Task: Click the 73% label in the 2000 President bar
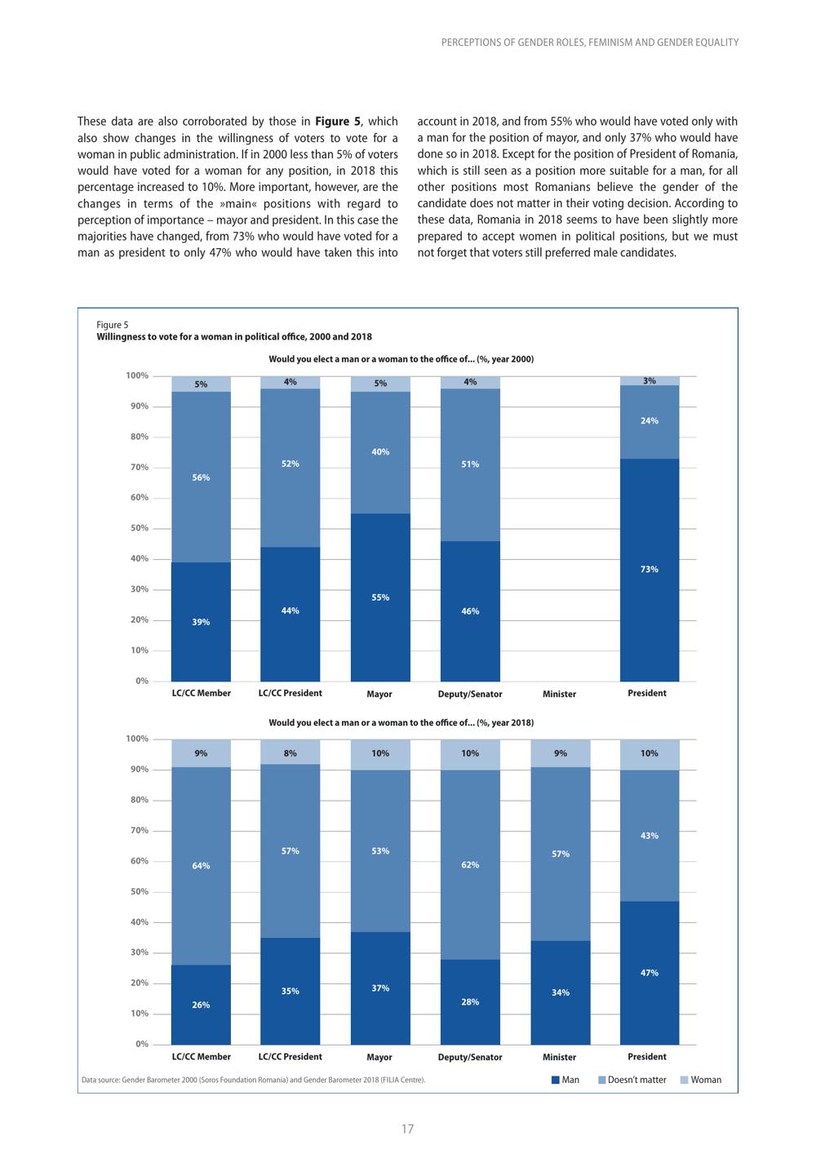pyautogui.click(x=649, y=570)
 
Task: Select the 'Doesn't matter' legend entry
pyautogui.click(x=632, y=1079)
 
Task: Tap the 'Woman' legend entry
pyautogui.click(x=701, y=1079)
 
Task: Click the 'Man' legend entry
pyautogui.click(x=565, y=1079)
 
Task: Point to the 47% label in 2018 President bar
pyautogui.click(x=649, y=973)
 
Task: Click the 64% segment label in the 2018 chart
pyautogui.click(x=201, y=866)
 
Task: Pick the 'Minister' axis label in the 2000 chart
pyautogui.click(x=559, y=694)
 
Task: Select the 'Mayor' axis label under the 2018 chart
pyautogui.click(x=379, y=1057)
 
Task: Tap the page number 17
pyautogui.click(x=407, y=1129)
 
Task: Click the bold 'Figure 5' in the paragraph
pyautogui.click(x=338, y=122)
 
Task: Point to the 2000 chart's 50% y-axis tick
pyautogui.click(x=139, y=528)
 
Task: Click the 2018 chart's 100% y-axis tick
pyautogui.click(x=137, y=739)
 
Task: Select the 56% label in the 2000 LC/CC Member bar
pyautogui.click(x=201, y=477)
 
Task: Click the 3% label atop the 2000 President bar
pyautogui.click(x=649, y=380)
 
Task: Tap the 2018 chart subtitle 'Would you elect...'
pyautogui.click(x=401, y=722)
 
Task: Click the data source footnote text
pyautogui.click(x=254, y=1080)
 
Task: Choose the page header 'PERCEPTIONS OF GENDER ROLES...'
pyautogui.click(x=590, y=42)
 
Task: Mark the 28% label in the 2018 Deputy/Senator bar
pyautogui.click(x=470, y=1002)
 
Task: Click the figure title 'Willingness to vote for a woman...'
pyautogui.click(x=234, y=337)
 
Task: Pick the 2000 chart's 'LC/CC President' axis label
pyautogui.click(x=290, y=693)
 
